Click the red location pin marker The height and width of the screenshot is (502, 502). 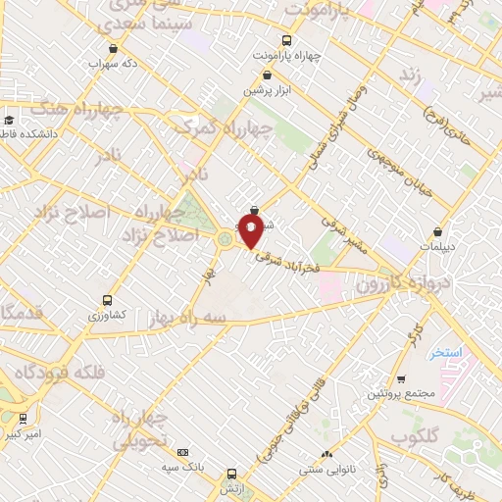[x=251, y=231]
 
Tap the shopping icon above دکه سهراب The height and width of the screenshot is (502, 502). [x=113, y=48]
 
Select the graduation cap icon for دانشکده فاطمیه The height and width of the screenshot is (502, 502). [x=8, y=118]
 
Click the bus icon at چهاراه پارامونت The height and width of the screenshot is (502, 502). [x=286, y=40]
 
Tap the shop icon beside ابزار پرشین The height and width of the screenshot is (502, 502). [x=266, y=75]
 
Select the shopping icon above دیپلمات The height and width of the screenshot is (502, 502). [x=437, y=232]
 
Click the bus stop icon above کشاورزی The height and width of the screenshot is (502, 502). [x=107, y=301]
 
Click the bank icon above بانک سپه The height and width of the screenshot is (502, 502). [x=182, y=452]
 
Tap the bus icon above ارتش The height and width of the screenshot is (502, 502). [x=232, y=473]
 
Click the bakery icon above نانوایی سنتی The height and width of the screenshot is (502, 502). [x=326, y=453]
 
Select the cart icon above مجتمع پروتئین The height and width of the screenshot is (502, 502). [x=401, y=379]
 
